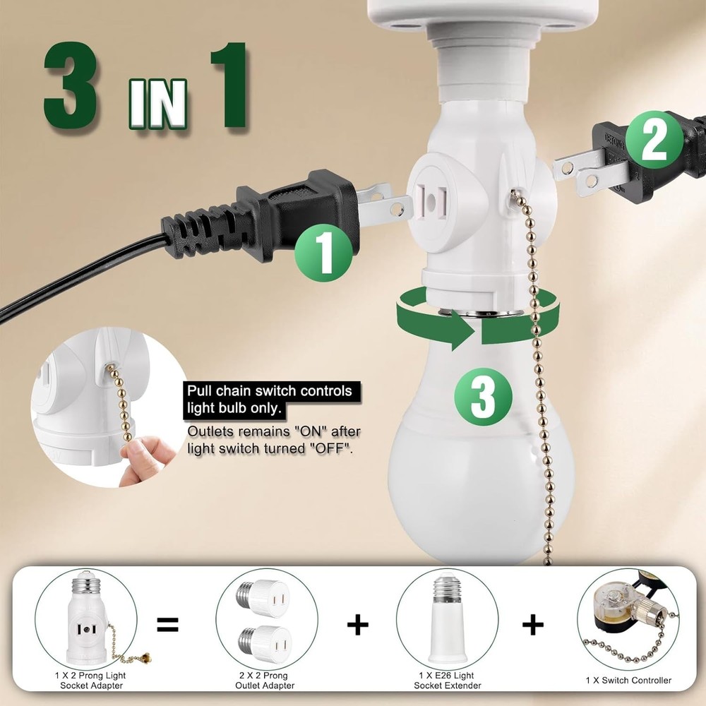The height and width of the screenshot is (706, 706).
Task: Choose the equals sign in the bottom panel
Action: [168, 624]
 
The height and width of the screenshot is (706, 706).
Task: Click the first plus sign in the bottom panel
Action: [359, 624]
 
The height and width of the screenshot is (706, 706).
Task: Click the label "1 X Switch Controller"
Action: [628, 681]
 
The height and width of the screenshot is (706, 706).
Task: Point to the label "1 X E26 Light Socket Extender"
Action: [447, 681]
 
